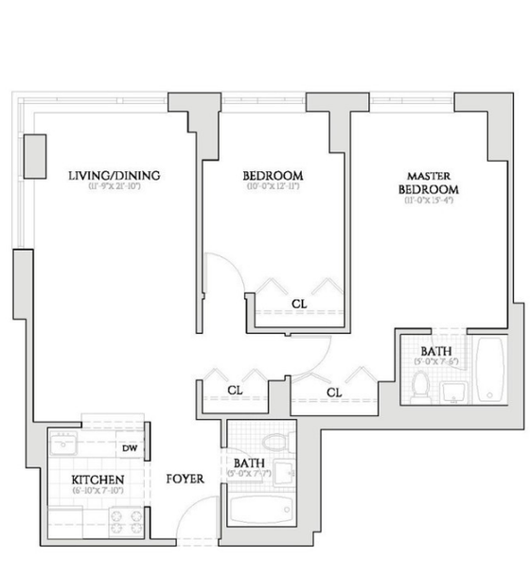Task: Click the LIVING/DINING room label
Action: (x=113, y=175)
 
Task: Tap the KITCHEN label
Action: (x=97, y=480)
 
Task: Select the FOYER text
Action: (x=185, y=480)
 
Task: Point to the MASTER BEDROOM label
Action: (x=429, y=183)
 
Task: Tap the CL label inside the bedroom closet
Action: (x=298, y=304)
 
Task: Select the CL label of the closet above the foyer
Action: (x=235, y=390)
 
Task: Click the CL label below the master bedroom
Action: (x=334, y=391)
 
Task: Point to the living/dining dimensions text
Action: (x=113, y=188)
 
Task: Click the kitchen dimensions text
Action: (x=98, y=492)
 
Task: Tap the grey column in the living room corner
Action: (x=35, y=155)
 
